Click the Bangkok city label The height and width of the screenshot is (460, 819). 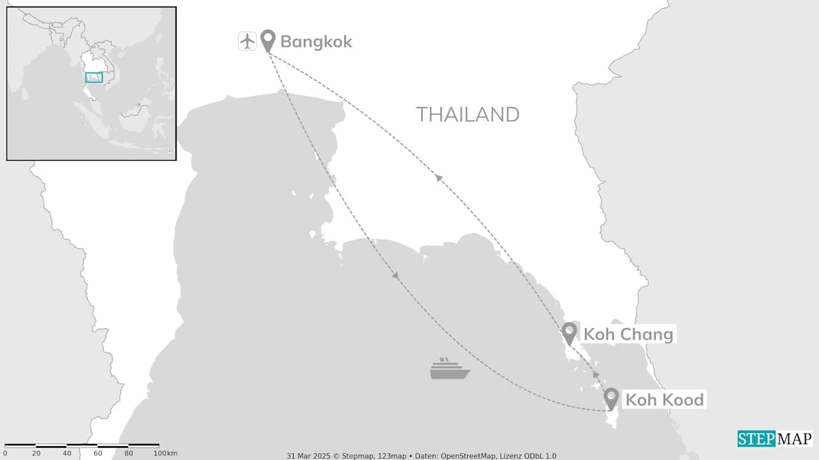pyautogui.click(x=316, y=42)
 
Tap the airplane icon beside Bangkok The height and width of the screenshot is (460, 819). pyautogui.click(x=247, y=41)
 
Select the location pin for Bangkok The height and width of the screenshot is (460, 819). pyautogui.click(x=268, y=40)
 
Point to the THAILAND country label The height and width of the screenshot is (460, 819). pyautogui.click(x=467, y=115)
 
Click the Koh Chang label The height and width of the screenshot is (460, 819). pyautogui.click(x=628, y=334)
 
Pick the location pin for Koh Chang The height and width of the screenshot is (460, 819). pyautogui.click(x=569, y=333)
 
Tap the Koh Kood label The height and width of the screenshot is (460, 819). pyautogui.click(x=664, y=400)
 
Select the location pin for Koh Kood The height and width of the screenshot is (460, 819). pyautogui.click(x=611, y=398)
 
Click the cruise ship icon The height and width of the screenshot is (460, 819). pyautogui.click(x=450, y=369)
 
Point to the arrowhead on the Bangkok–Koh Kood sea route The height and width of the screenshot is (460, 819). pyautogui.click(x=395, y=275)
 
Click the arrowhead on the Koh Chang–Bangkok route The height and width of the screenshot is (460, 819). pyautogui.click(x=439, y=177)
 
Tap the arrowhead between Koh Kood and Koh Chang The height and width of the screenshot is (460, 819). pyautogui.click(x=596, y=374)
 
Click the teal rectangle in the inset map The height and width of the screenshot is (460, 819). pyautogui.click(x=94, y=78)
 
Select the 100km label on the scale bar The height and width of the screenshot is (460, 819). pyautogui.click(x=165, y=454)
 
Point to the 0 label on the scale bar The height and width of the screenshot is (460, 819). pyautogui.click(x=5, y=454)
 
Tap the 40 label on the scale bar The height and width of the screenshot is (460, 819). pyautogui.click(x=67, y=454)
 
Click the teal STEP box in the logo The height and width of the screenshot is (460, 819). pyautogui.click(x=756, y=439)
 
